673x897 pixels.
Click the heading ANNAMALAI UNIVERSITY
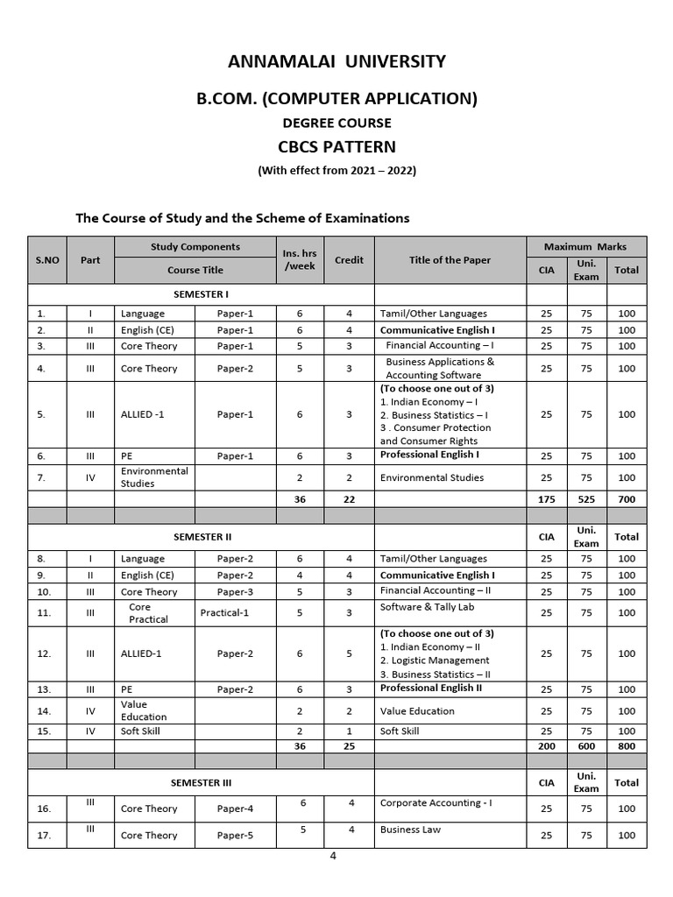coord(336,61)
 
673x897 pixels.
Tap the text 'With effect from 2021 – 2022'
coord(336,170)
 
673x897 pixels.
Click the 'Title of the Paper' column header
coord(450,259)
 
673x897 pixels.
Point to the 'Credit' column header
coord(349,259)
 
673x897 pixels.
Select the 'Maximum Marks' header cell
coord(586,247)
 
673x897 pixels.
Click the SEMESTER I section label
coord(201,294)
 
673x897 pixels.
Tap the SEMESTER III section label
coord(201,782)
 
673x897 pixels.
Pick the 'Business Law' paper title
coord(410,829)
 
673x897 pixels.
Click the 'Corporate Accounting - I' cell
coord(430,802)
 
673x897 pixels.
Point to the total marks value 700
coord(626,498)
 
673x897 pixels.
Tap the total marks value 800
coord(626,745)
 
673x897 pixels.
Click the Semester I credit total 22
coord(349,498)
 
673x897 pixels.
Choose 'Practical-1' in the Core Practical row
coord(224,612)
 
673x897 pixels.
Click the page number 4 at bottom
coord(333,856)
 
